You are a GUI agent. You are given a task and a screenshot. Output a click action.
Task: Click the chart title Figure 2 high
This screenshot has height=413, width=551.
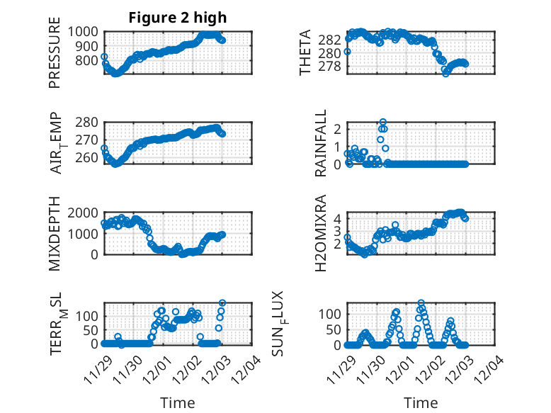178,18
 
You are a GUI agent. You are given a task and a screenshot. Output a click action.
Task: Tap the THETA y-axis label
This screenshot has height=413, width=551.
305,52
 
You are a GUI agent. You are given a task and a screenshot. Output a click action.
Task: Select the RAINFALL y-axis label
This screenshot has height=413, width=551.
321,142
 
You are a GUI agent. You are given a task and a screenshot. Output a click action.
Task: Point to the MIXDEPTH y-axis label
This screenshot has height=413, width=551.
55,234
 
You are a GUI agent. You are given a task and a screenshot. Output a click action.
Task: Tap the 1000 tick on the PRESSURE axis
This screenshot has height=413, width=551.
86,32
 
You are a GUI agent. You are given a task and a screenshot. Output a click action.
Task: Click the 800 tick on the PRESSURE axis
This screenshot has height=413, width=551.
89,61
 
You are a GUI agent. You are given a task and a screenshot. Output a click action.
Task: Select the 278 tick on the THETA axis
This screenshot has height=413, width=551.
333,67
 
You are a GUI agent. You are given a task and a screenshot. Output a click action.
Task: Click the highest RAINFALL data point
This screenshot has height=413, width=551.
383,122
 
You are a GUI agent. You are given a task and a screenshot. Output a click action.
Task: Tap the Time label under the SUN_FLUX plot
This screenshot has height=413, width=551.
421,402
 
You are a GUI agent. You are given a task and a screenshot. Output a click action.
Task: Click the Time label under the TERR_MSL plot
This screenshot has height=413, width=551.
178,402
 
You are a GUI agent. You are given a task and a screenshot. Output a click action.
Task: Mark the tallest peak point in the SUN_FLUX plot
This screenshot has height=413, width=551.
421,302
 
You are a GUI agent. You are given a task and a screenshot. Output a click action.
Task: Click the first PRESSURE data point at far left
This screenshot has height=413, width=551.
104,57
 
